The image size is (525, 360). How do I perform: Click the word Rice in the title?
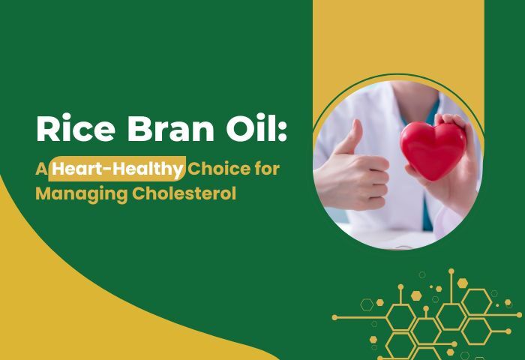coord(76,128)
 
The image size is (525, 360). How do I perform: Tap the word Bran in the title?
coord(171,128)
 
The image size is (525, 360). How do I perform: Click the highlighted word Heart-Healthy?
coord(117,169)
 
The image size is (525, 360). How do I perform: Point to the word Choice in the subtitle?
coord(219,168)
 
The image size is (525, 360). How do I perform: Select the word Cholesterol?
coord(184,193)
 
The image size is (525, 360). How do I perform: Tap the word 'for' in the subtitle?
coord(267,168)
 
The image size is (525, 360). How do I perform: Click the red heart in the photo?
coord(433,150)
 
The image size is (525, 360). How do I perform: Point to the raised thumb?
coord(352,137)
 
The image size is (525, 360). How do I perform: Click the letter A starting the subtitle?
coord(41,169)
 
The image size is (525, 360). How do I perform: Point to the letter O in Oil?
coord(241,129)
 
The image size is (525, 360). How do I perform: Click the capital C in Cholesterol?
coord(139,193)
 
